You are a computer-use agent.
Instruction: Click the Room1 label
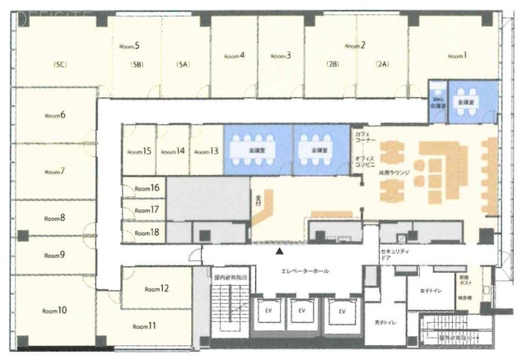coord(457,56)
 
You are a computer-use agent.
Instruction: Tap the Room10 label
coord(56,311)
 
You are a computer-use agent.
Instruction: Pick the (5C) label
coord(59,63)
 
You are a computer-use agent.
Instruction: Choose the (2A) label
coord(381,63)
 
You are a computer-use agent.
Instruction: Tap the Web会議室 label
coord(439,102)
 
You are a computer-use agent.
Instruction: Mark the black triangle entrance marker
coord(280,250)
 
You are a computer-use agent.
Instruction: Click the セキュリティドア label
coord(390,253)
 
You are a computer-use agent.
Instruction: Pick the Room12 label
coord(156,289)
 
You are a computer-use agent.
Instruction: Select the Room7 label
coord(54,171)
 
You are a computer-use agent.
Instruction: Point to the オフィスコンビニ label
coord(366,161)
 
